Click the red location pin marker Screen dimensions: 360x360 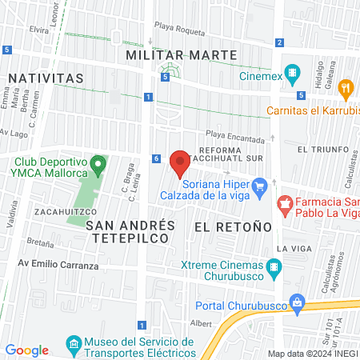pyautogui.click(x=180, y=163)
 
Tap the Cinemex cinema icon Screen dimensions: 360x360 pyautogui.click(x=293, y=77)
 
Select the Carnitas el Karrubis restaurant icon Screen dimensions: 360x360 pyautogui.click(x=346, y=87)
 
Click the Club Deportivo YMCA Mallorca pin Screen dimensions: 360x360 pyautogui.click(x=98, y=166)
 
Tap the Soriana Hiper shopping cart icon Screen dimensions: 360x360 pyautogui.click(x=258, y=187)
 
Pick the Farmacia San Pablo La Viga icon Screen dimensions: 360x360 pyautogui.click(x=284, y=205)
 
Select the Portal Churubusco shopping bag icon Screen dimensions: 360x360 pyautogui.click(x=298, y=302)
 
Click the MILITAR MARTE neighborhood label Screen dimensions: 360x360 pyautogui.click(x=182, y=54)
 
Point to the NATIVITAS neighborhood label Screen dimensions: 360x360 pyautogui.click(x=46, y=78)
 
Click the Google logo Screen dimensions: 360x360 pyautogui.click(x=27, y=350)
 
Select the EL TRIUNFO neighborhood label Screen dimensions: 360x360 pyautogui.click(x=322, y=150)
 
